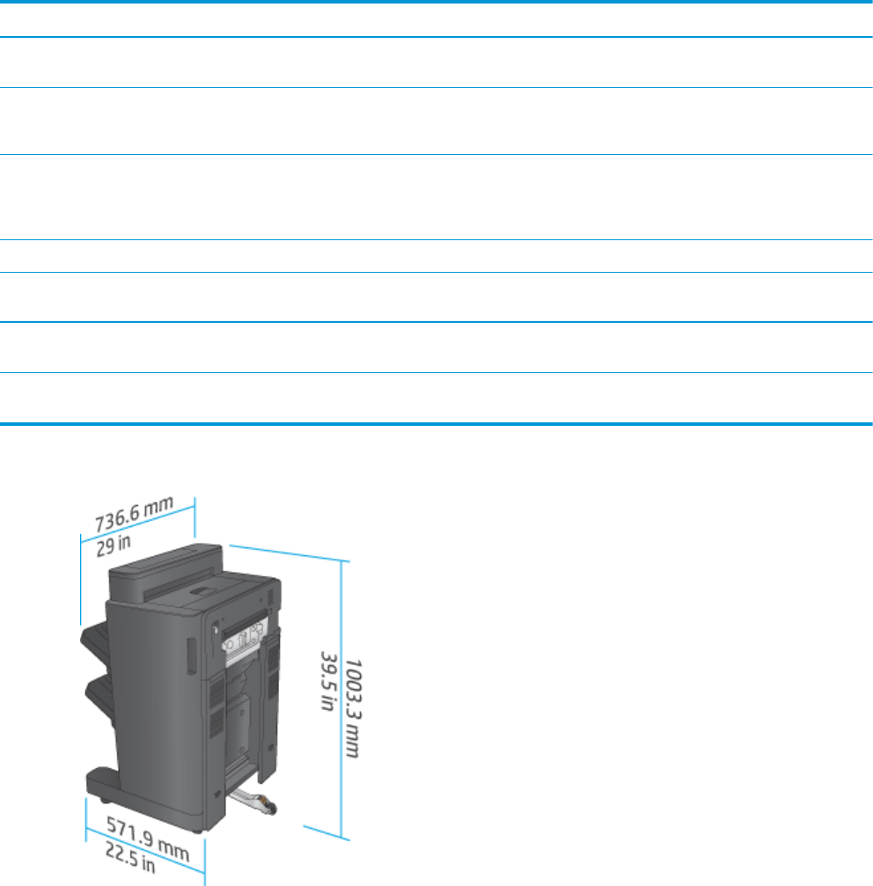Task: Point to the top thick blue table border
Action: point(436,2)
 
